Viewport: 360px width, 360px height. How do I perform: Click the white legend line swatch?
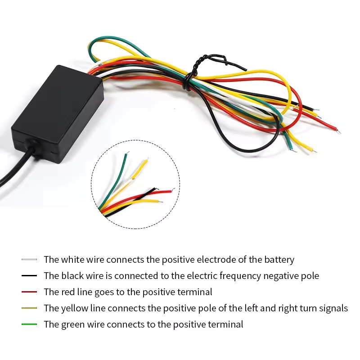pyautogui.click(x=29, y=260)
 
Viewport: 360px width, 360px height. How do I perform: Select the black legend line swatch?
pyautogui.click(x=29, y=276)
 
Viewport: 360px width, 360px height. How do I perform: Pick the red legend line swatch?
pyautogui.click(x=29, y=292)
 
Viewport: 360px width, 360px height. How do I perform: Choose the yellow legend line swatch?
pyautogui.click(x=29, y=308)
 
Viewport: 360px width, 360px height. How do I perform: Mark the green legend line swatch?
pyautogui.click(x=29, y=324)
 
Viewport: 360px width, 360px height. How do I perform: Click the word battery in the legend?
pyautogui.click(x=278, y=260)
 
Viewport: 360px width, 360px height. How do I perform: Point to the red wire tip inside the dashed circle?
pyautogui.click(x=171, y=190)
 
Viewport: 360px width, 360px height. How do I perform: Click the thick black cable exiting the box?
pyautogui.click(x=18, y=169)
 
